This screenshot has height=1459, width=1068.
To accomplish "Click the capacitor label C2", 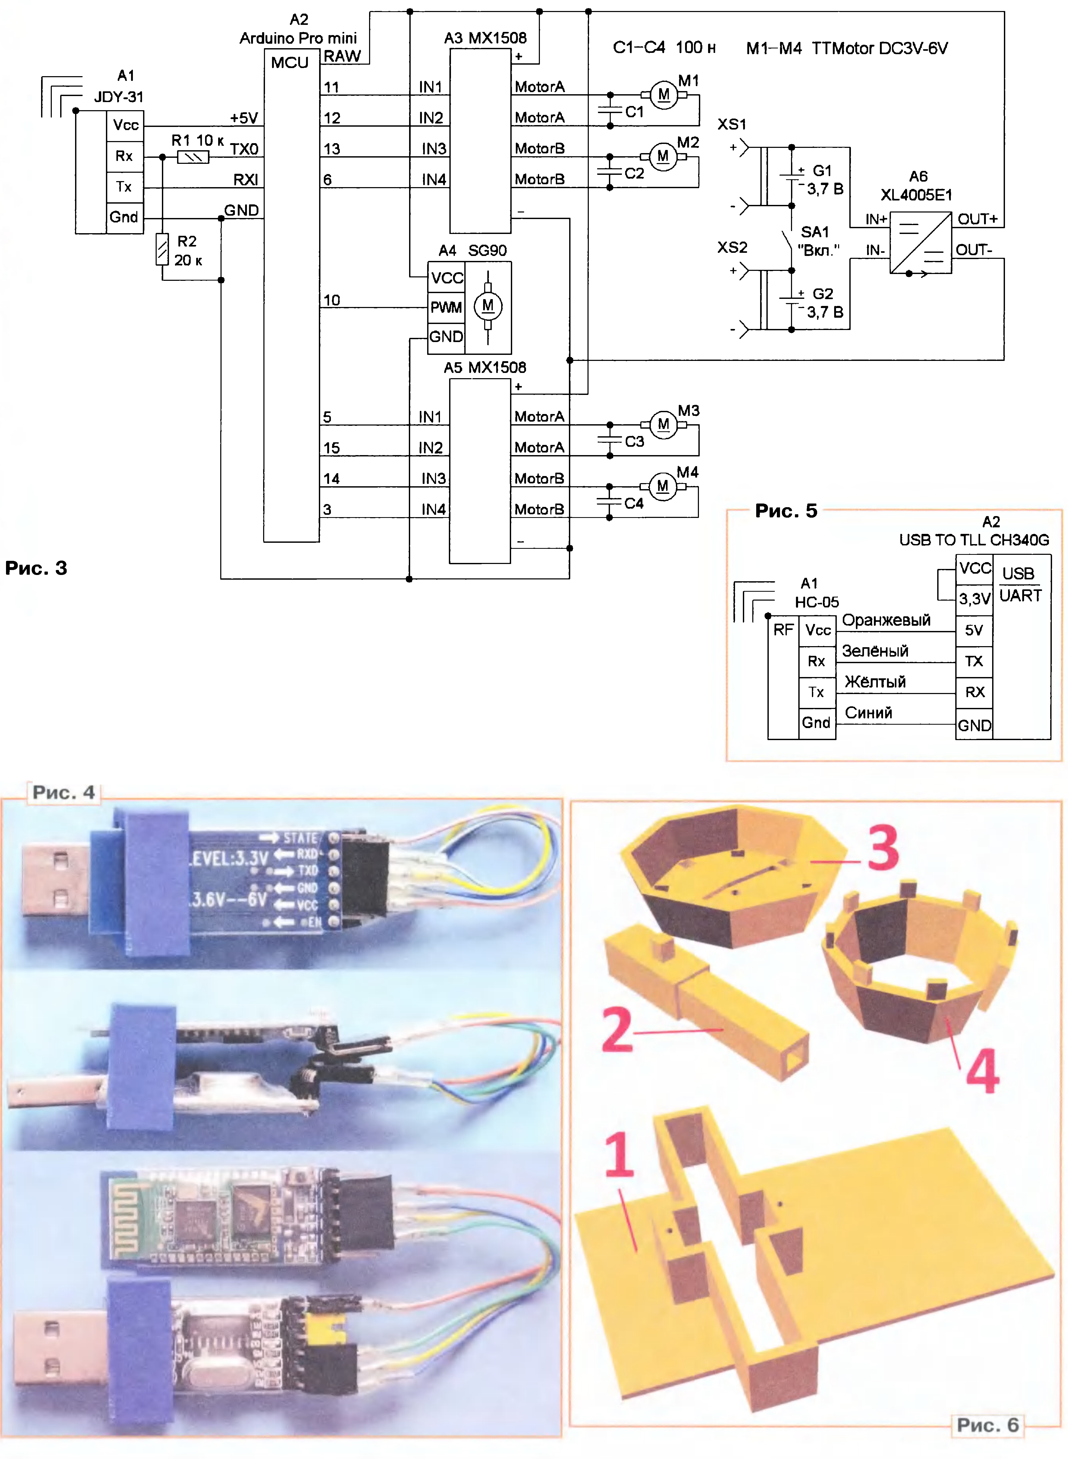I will click(634, 173).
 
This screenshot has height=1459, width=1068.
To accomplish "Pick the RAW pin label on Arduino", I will click(342, 56).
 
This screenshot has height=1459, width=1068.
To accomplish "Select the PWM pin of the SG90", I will click(446, 307).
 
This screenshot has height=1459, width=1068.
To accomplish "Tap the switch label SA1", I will click(815, 232).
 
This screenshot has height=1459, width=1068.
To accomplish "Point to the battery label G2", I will click(822, 294).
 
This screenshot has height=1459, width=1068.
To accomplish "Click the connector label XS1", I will click(732, 124).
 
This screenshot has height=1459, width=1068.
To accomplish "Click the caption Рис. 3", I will click(36, 568).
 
